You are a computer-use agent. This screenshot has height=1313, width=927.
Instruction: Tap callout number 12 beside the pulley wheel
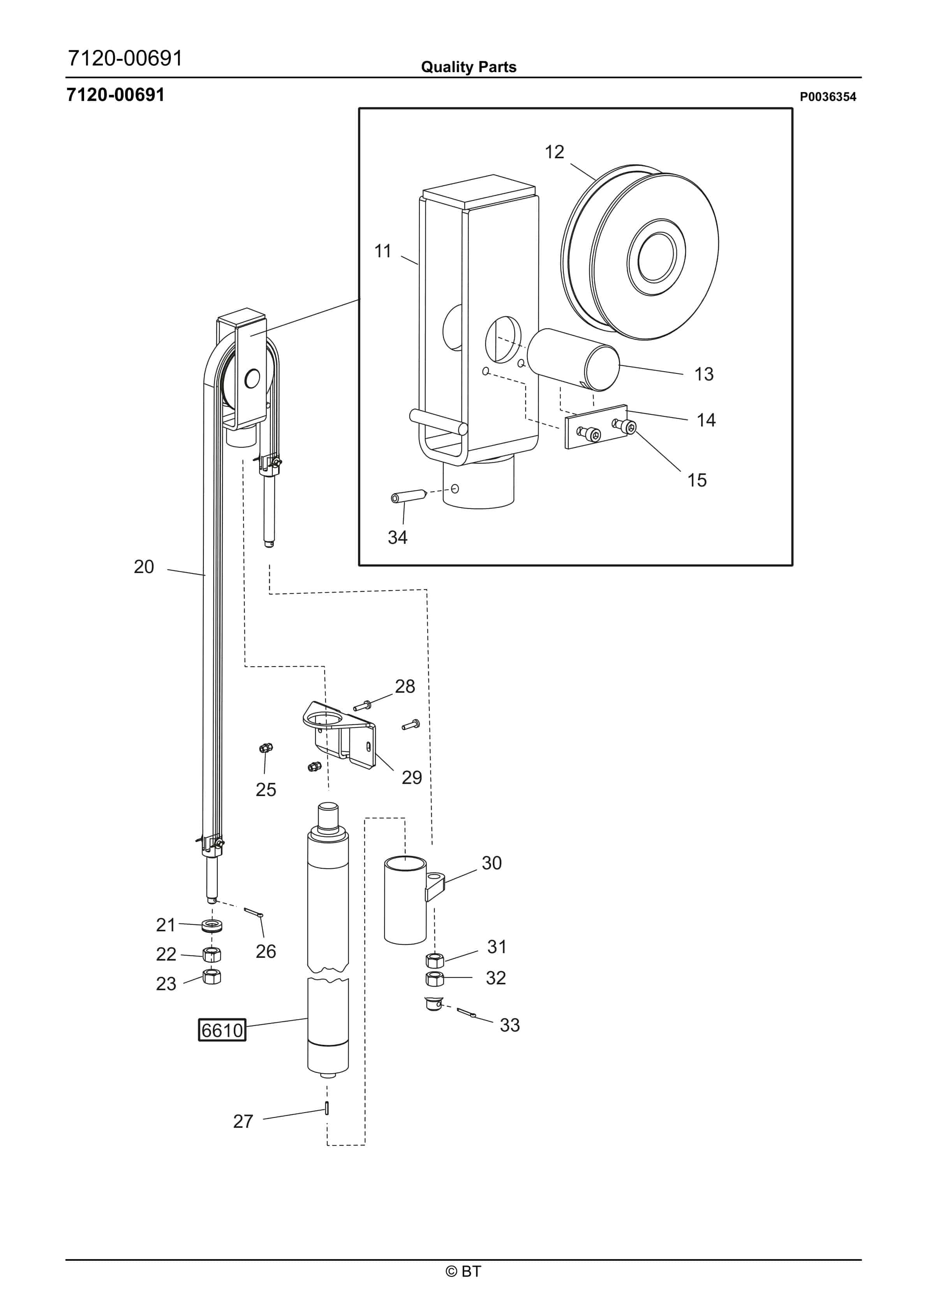(554, 152)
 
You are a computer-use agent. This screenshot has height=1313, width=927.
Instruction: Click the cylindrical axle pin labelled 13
(573, 359)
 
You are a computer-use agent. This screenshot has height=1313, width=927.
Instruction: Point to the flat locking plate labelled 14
(596, 426)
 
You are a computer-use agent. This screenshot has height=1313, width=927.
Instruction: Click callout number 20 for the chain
(144, 567)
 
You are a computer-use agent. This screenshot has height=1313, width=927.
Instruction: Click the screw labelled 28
(362, 705)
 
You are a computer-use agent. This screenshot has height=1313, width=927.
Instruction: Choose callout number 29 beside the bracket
(411, 777)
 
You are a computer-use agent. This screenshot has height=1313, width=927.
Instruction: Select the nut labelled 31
(435, 960)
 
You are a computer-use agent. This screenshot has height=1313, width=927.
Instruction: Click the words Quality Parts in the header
(469, 67)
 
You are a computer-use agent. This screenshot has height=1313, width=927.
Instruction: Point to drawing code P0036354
(828, 97)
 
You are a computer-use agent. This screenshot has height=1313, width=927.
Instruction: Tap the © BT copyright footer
(463, 1271)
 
